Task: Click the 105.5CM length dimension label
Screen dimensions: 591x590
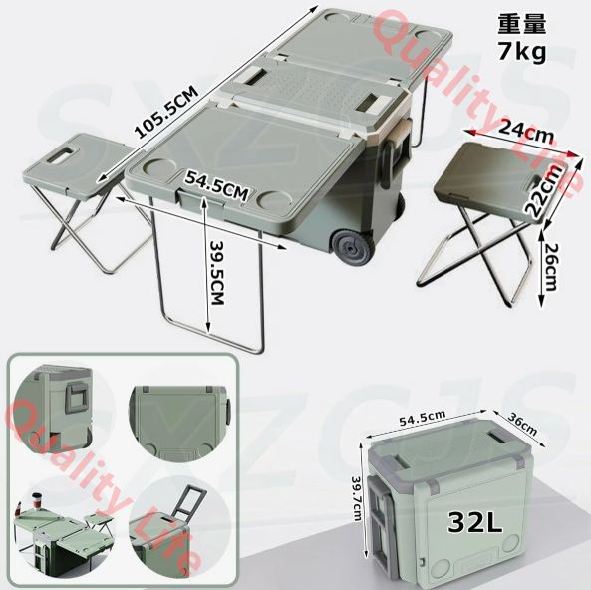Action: [166, 113]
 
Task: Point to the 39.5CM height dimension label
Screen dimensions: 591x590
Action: [217, 272]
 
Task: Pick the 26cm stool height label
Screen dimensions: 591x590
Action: [551, 266]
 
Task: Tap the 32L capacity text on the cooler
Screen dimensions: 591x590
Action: [475, 522]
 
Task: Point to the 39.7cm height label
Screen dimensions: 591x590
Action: [356, 498]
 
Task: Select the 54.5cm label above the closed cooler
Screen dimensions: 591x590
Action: [423, 418]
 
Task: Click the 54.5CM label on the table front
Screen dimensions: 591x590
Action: [216, 185]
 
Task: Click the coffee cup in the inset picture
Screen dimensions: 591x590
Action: [36, 502]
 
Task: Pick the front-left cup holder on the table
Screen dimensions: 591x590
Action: [155, 167]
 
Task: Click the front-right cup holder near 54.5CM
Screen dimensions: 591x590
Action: [275, 198]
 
